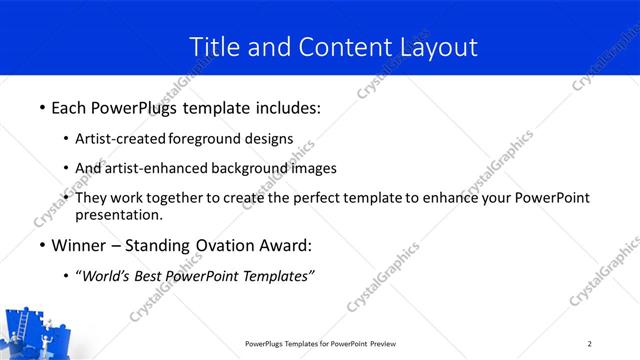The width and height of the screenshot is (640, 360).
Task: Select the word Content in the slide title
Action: pos(335,46)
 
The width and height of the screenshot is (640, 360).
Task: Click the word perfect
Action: pos(315,198)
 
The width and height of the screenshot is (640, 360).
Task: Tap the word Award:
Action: pos(284,245)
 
